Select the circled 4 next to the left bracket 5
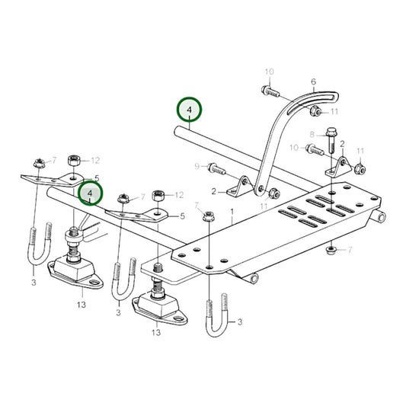(91, 193)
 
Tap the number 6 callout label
(313, 82)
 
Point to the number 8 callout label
(312, 135)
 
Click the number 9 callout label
(197, 166)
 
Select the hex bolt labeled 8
(331, 139)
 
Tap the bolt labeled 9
(216, 168)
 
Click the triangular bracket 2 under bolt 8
(338, 166)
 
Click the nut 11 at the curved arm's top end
(315, 113)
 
